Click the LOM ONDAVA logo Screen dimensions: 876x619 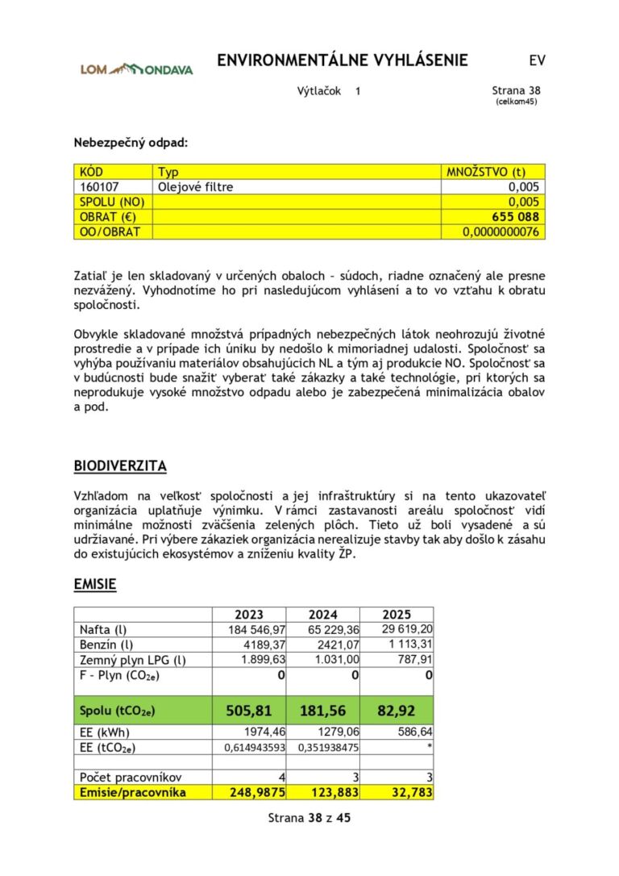point(136,69)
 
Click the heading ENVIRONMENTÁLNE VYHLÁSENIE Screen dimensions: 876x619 point(342,61)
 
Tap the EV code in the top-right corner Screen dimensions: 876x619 point(537,61)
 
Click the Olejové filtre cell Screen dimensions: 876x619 point(195,187)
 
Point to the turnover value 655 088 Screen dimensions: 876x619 point(515,217)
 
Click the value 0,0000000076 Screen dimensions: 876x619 point(501,232)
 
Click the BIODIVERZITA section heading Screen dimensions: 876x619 point(120,466)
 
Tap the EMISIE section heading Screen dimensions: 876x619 point(95,584)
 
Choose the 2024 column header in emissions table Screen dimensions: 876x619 point(322,615)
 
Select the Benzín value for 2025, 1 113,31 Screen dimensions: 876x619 point(408,645)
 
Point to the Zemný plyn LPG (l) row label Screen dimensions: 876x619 point(132,660)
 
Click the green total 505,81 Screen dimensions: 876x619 point(249,711)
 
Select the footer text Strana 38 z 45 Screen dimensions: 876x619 point(309,818)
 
